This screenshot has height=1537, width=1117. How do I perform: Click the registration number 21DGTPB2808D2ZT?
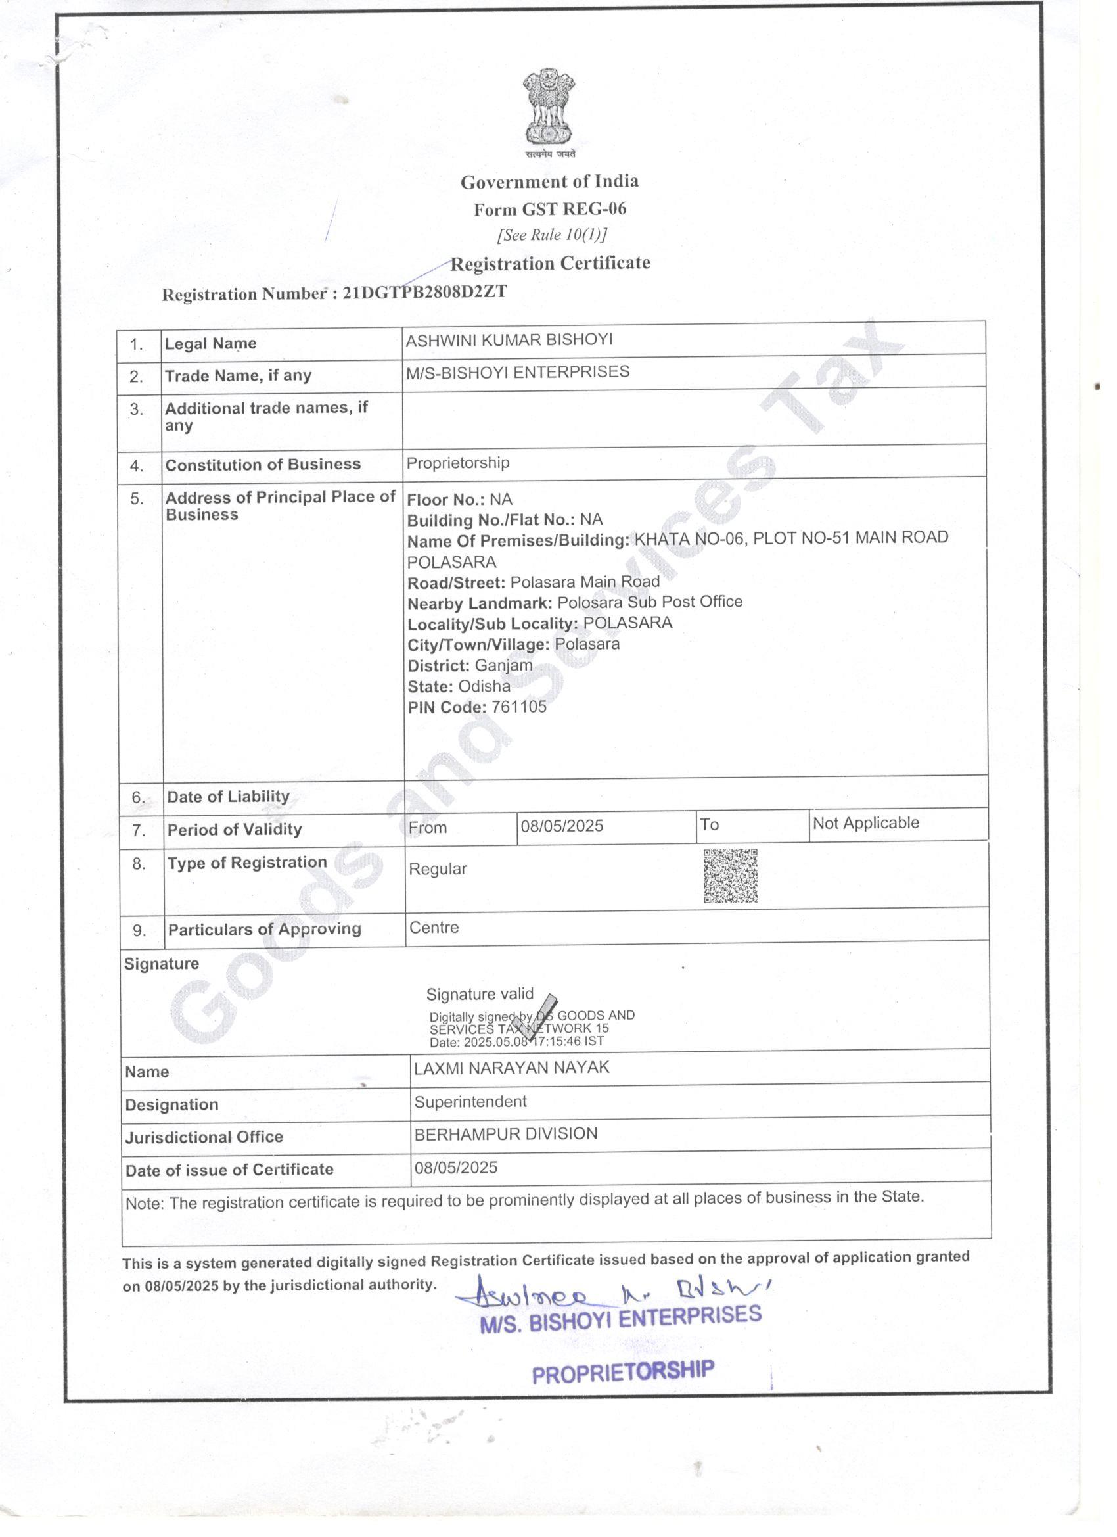coord(424,292)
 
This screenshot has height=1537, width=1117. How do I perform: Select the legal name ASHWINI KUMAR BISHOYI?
coord(509,339)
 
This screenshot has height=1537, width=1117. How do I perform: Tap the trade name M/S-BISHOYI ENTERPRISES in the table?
coord(518,372)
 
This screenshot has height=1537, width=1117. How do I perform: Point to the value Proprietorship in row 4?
coord(458,463)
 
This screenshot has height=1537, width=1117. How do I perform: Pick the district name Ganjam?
coord(503,665)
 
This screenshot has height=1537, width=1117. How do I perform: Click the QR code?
coord(730,876)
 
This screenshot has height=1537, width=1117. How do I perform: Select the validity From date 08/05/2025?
coord(562,826)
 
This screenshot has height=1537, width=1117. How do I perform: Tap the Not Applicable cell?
coord(866,823)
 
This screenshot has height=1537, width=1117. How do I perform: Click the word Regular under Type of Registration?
coord(438,869)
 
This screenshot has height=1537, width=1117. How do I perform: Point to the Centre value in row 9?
coord(434,927)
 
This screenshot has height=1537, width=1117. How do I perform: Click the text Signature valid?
coord(480,994)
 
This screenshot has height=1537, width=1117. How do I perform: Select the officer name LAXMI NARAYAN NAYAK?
coord(511,1068)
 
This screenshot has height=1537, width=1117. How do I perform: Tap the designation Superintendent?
coord(470,1101)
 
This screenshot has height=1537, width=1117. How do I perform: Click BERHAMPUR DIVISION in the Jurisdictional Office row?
coord(506,1134)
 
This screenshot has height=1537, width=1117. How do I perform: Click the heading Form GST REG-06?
coord(549,209)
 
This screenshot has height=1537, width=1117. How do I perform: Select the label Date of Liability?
coord(228,796)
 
